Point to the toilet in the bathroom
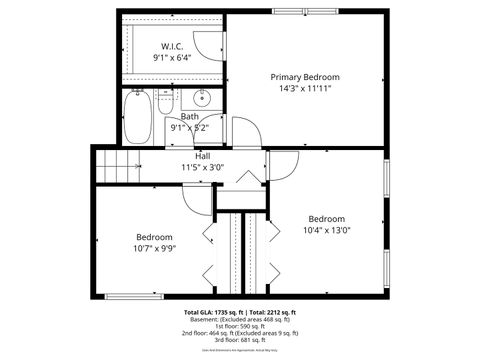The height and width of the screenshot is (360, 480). pos(165,100)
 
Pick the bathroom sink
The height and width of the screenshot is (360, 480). pos(201,98)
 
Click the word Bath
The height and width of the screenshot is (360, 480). pos(189,116)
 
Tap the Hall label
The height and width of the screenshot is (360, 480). pos(202,156)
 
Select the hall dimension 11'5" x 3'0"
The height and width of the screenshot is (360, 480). pos(202,167)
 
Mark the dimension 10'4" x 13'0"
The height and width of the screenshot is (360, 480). pos(326,230)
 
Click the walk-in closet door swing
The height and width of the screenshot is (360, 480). pos(208,43)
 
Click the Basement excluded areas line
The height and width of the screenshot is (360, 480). pos(240,319)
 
